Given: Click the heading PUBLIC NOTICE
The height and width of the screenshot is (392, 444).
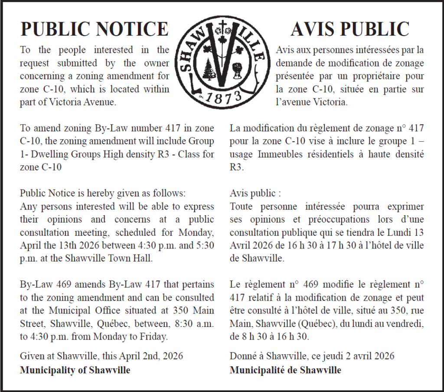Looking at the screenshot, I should pos(95,29).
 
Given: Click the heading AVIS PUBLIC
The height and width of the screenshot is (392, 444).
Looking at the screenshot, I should pos(350,29).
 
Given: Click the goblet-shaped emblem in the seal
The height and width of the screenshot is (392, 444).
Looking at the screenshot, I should pos(238,69).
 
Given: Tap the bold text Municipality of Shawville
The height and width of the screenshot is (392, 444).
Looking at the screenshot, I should pos(75,370).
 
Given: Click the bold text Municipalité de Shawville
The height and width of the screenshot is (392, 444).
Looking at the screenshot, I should pos(285,370).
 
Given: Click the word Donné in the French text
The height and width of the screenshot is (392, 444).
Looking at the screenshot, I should pos(243,356).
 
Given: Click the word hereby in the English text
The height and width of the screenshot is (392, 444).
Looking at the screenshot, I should pos(89,193).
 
